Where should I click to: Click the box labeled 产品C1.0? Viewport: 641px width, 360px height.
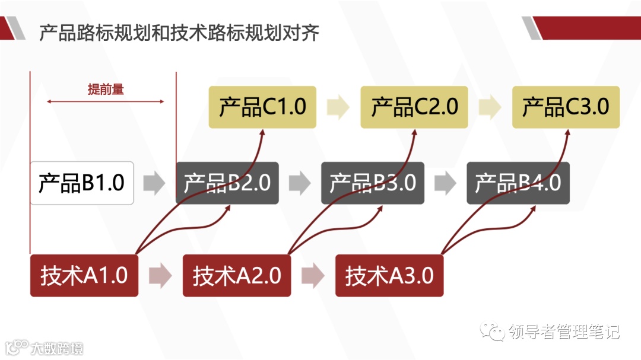coord(262,107)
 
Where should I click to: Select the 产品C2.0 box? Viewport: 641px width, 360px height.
coord(414,107)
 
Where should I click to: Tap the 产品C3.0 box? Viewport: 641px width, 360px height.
coord(566,107)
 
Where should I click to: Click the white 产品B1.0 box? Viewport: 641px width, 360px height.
coord(82,183)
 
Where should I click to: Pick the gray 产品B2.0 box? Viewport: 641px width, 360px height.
coord(227,183)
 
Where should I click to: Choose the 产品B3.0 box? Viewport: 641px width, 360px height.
coord(373,183)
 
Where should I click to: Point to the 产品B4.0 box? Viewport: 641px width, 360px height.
coord(518,183)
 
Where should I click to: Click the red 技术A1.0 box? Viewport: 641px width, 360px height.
coord(84,276)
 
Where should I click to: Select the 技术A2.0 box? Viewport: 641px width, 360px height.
coord(237,276)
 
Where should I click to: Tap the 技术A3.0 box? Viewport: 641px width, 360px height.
coord(389,276)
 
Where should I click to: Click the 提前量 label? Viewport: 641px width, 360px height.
coord(106,90)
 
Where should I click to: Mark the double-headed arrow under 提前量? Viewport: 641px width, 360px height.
coord(106,102)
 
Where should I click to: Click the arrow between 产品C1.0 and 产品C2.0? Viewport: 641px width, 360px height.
coord(338,107)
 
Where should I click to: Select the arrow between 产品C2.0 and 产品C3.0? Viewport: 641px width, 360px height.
coord(490,107)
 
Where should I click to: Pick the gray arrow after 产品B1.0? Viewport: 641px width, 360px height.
coord(154,183)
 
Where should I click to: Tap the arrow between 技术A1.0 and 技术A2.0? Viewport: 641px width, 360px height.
coord(160,276)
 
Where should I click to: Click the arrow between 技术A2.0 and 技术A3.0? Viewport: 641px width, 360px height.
coord(313,276)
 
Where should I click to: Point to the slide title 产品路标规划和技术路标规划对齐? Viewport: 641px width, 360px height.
coord(179,33)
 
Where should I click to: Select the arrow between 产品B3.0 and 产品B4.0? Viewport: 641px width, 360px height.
coord(445,183)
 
